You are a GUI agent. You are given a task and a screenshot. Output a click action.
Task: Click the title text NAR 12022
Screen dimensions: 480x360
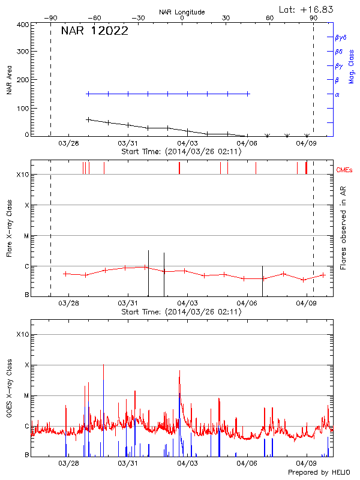[95, 32]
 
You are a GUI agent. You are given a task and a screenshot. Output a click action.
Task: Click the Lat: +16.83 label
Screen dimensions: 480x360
[307, 9]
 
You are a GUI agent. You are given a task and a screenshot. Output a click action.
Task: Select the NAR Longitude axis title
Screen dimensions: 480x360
[182, 11]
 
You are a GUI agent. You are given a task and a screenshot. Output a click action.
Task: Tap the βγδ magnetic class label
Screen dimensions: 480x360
[340, 37]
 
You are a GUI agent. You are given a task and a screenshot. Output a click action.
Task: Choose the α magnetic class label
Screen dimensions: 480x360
[337, 94]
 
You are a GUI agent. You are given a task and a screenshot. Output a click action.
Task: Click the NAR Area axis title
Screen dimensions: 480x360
[10, 80]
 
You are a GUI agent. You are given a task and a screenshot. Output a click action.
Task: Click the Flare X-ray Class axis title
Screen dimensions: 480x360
[10, 227]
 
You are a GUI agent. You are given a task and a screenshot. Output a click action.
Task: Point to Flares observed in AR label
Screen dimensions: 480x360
[343, 227]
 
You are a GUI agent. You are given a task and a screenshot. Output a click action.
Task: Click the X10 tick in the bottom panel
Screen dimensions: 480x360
[22, 334]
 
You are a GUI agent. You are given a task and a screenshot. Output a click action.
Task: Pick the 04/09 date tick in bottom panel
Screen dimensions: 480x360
[307, 464]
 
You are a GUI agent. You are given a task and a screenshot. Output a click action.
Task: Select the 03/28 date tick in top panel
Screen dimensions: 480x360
[69, 143]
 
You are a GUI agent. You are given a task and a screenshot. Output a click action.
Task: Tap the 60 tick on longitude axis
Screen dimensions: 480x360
[269, 19]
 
